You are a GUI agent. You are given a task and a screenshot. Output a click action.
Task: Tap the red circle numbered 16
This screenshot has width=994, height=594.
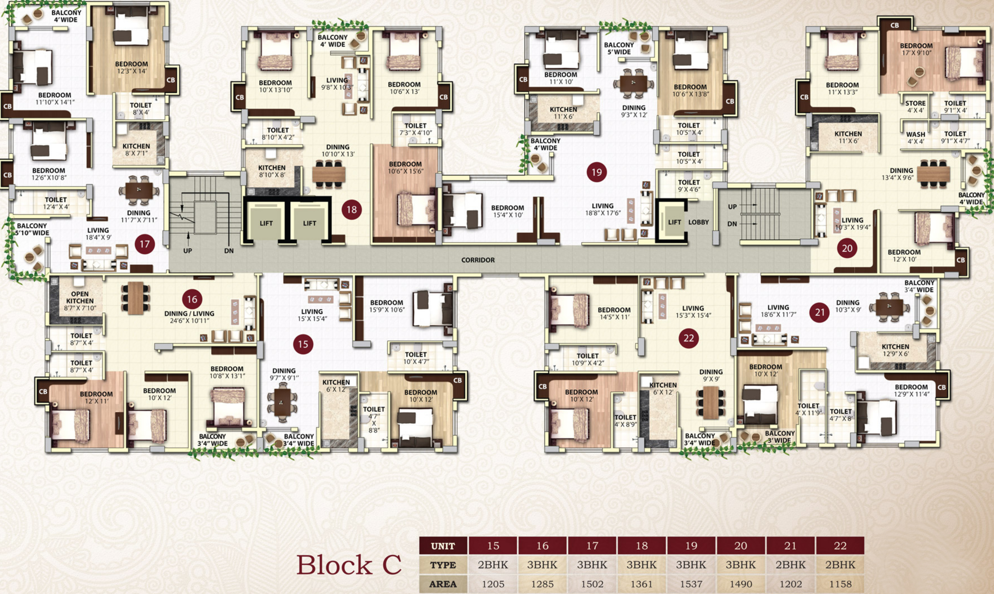pyautogui.click(x=192, y=299)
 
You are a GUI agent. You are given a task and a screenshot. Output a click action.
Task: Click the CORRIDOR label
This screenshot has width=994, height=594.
pyautogui.click(x=478, y=260)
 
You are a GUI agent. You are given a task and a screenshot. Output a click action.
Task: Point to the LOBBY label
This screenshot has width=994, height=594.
pyautogui.click(x=698, y=222)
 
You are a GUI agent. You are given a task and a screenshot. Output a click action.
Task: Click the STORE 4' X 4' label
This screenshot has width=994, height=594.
pyautogui.click(x=915, y=106)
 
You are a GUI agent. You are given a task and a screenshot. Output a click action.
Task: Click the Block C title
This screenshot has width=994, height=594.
pyautogui.click(x=348, y=565)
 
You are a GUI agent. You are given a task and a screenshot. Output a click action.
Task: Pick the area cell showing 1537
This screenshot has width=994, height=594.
pyautogui.click(x=691, y=584)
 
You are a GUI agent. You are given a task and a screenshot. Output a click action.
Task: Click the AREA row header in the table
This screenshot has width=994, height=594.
pyautogui.click(x=443, y=584)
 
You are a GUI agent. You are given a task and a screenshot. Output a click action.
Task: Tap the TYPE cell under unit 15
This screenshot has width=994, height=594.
pyautogui.click(x=493, y=565)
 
